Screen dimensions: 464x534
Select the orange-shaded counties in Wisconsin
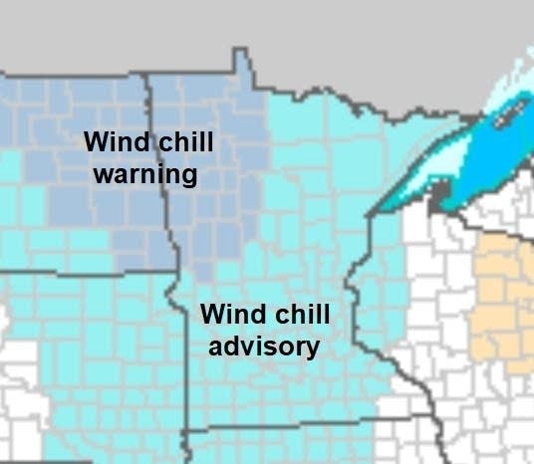[x=503, y=299]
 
